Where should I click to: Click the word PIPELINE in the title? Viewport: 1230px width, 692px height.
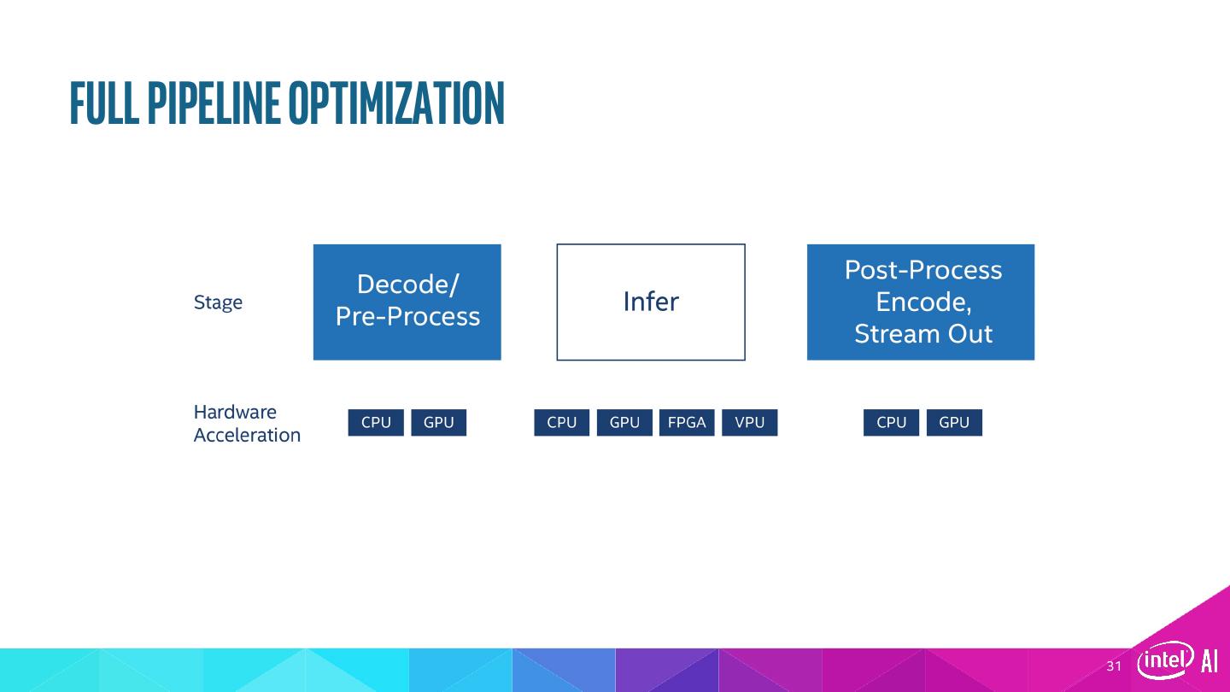coord(214,103)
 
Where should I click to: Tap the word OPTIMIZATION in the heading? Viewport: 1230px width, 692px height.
coord(396,103)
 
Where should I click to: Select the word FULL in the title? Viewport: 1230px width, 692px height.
coord(104,103)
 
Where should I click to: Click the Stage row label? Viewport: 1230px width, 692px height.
coord(218,302)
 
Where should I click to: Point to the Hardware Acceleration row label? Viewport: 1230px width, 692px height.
coord(247,424)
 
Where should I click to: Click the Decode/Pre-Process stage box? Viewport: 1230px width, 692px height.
coord(407,302)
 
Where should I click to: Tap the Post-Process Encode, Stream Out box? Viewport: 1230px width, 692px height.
coord(921,302)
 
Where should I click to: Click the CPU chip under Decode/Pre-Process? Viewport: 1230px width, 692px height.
coord(376,422)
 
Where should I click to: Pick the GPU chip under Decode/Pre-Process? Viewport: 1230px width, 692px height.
coord(439,422)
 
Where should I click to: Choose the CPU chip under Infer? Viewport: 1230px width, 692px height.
coord(562,422)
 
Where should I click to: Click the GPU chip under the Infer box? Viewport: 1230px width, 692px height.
coord(624,422)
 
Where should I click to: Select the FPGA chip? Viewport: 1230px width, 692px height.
coord(687,422)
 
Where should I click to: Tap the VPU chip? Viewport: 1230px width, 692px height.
coord(750,422)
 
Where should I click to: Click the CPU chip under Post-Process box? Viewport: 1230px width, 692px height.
coord(891,422)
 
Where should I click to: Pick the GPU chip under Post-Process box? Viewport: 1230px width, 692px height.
coord(954,422)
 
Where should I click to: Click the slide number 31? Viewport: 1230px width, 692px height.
coord(1114,666)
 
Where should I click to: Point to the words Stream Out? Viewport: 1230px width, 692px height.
coord(923,334)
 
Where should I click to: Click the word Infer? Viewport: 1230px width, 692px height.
coord(651,302)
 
